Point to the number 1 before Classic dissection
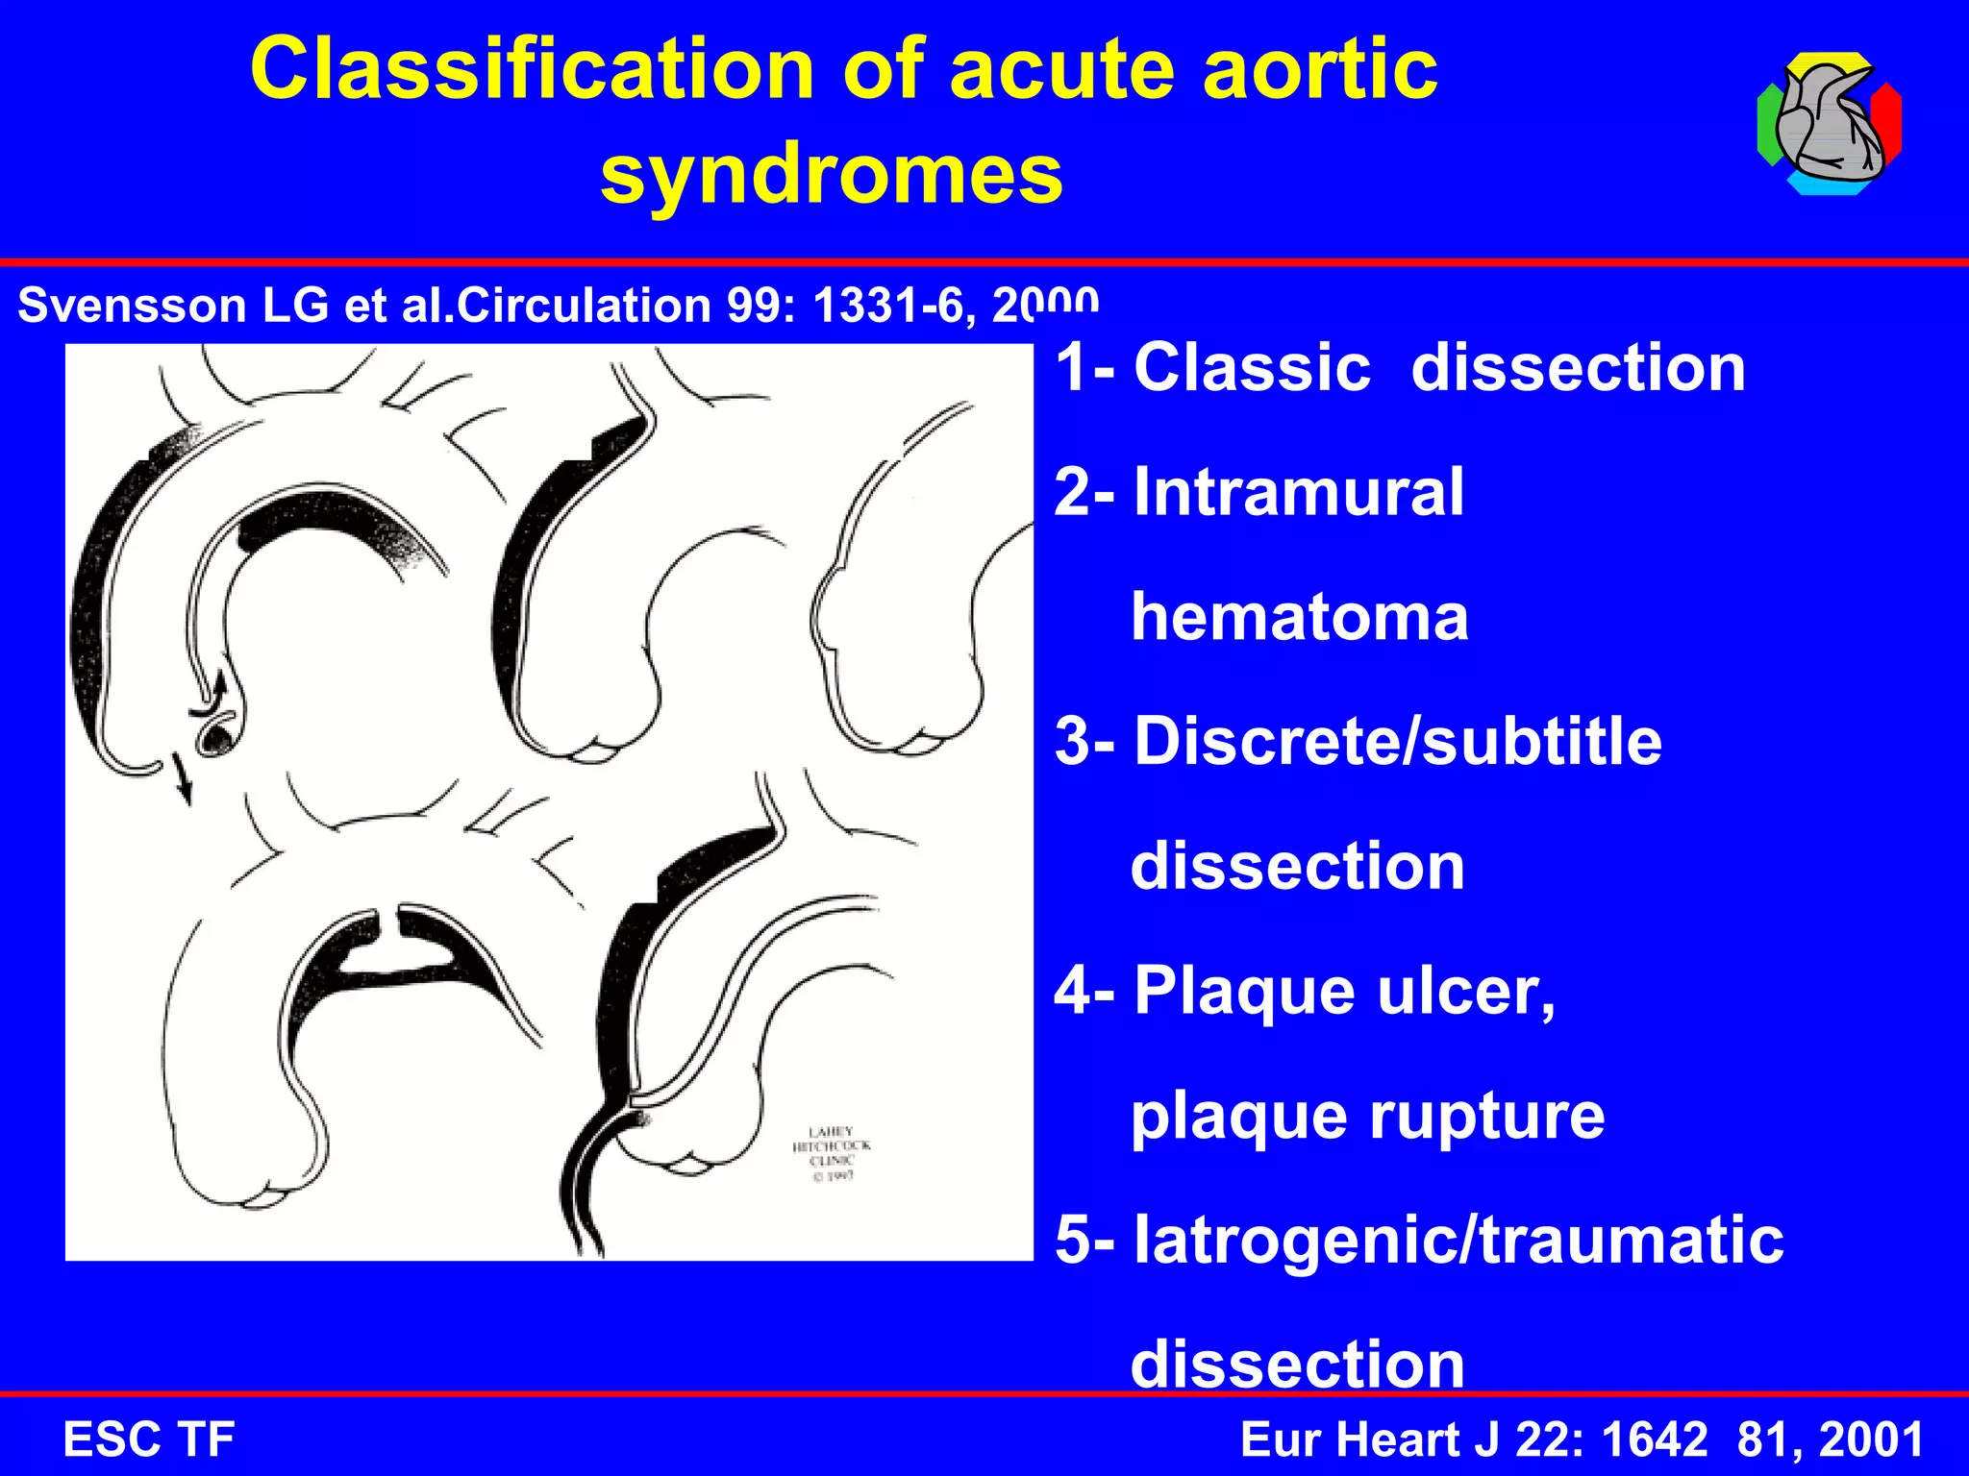coord(1073,368)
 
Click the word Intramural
coord(1298,492)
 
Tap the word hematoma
coord(1299,617)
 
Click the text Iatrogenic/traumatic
coord(1458,1240)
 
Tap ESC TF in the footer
coord(148,1439)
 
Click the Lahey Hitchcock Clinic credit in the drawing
coord(831,1152)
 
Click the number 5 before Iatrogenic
coord(1073,1240)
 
